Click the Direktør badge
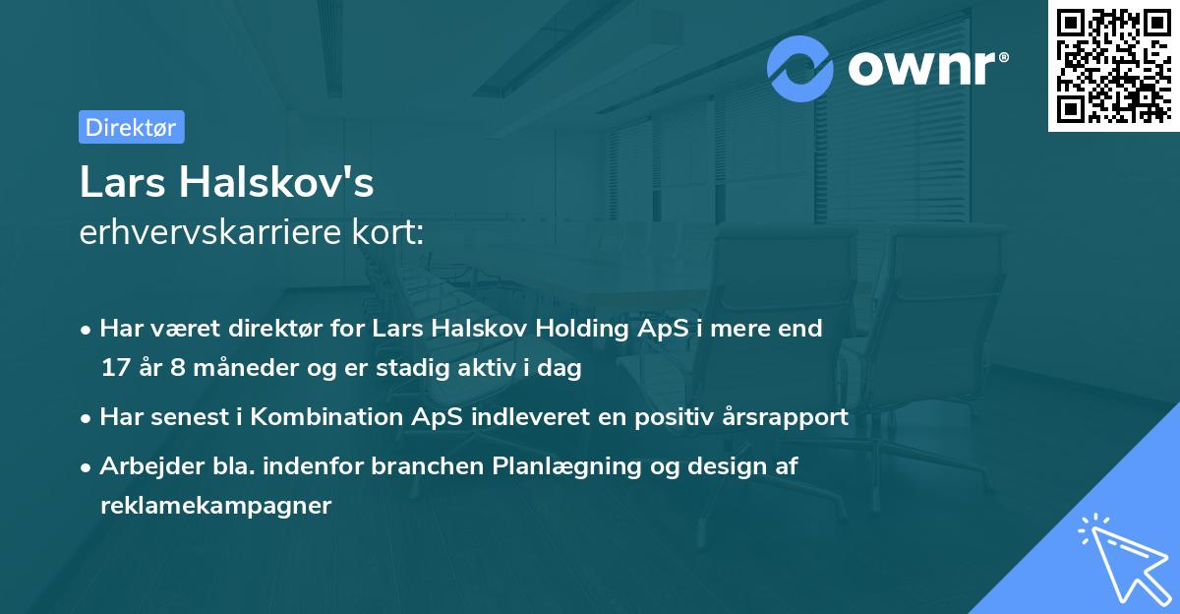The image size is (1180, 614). coord(132,127)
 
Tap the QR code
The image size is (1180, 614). coord(1113,65)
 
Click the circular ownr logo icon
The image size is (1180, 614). coord(800,68)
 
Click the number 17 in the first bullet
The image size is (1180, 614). coord(114,369)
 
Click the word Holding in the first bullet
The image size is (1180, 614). coord(578,329)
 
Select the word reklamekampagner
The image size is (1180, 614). coord(215,506)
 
